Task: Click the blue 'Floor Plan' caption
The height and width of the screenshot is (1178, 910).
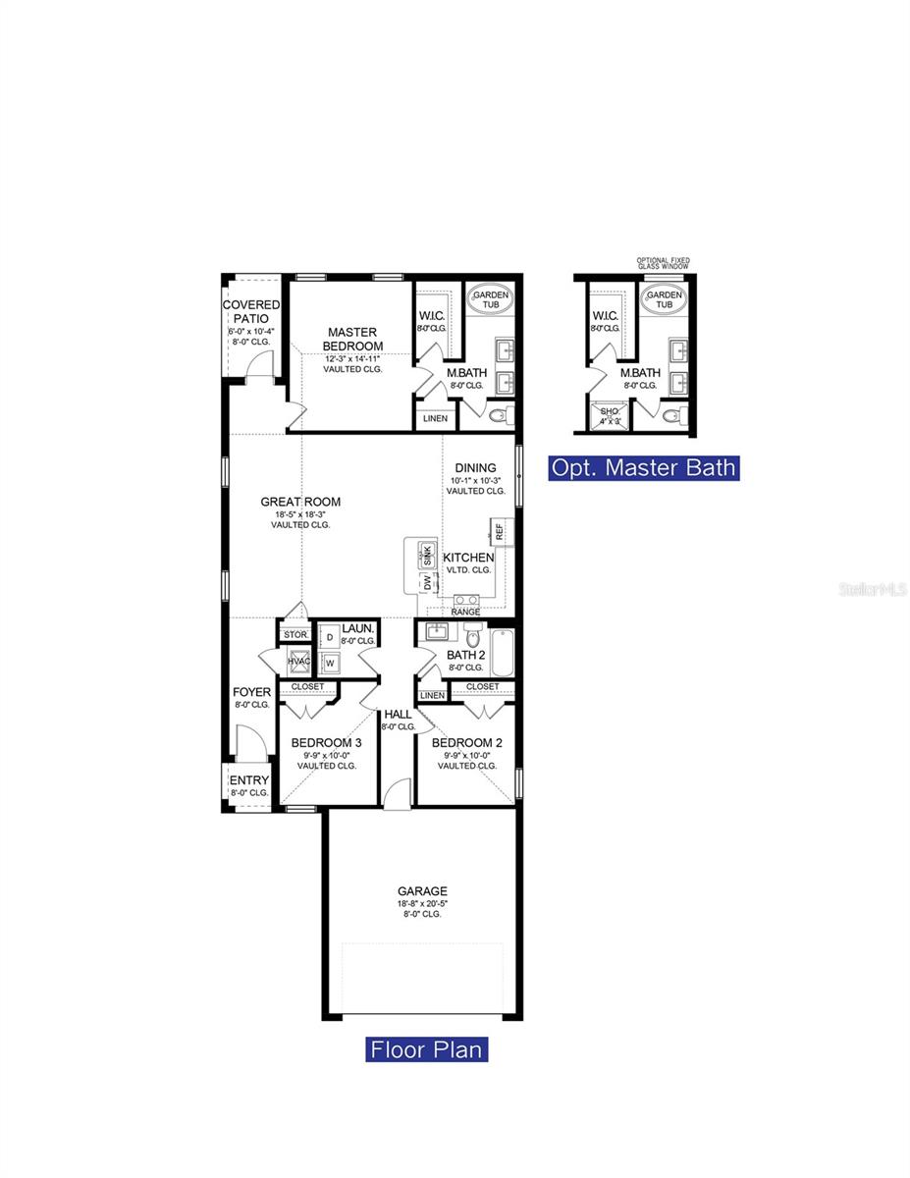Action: [427, 1049]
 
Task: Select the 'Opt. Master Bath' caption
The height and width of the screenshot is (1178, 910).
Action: [643, 467]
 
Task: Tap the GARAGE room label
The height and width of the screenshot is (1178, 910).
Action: [422, 891]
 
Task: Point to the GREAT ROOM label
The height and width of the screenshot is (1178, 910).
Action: [300, 502]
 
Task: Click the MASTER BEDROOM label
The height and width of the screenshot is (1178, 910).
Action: [353, 340]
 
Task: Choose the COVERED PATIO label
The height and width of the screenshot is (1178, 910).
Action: [250, 311]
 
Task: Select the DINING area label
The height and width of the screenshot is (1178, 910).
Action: [475, 468]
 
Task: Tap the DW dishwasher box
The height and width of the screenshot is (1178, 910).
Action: [428, 582]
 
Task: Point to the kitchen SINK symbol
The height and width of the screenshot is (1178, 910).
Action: [427, 555]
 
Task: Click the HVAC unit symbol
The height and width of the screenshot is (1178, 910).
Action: [299, 662]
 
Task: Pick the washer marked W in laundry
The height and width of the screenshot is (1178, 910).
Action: [330, 662]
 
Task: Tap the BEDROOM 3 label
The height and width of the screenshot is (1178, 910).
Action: [326, 743]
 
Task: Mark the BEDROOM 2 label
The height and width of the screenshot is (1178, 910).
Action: [467, 743]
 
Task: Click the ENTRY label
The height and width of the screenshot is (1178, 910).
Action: [248, 780]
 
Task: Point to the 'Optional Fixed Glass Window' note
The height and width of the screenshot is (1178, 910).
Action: [663, 264]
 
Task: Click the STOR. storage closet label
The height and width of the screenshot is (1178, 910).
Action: [295, 635]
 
